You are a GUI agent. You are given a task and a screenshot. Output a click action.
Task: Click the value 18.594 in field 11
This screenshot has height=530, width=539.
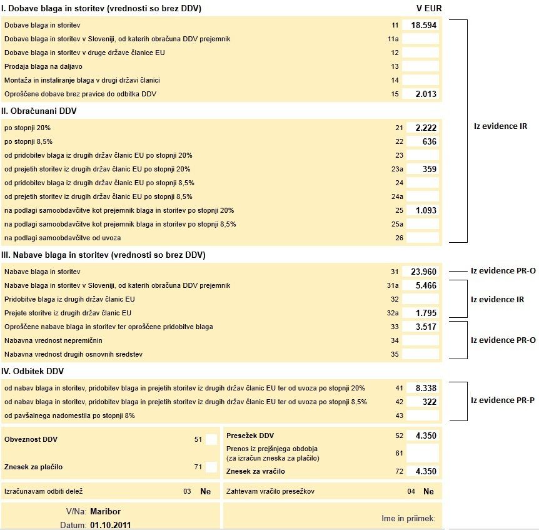[x=424, y=25]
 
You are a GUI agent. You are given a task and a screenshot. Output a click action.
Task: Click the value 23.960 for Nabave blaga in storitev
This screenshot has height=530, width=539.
[x=424, y=272]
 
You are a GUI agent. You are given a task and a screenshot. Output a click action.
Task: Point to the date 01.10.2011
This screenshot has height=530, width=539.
[x=111, y=524]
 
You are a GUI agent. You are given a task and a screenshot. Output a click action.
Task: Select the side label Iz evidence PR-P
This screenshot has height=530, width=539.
[x=503, y=400]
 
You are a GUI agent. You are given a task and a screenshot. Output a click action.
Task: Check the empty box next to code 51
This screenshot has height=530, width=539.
[x=211, y=439]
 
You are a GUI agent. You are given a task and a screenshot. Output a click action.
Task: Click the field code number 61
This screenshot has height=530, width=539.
[x=399, y=453]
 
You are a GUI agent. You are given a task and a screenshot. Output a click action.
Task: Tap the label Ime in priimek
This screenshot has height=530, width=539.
[x=403, y=518]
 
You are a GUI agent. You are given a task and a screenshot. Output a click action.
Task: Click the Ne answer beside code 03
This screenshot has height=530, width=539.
[x=206, y=491]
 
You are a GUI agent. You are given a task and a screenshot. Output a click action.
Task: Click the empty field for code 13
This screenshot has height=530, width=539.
[x=421, y=66]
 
